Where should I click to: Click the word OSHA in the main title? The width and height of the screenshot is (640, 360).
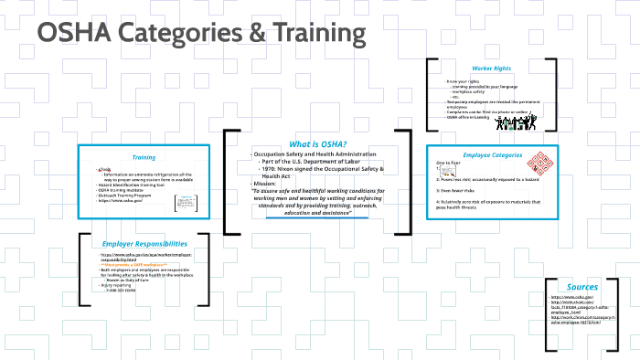(x=72, y=34)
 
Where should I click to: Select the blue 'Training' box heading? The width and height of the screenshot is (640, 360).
(x=144, y=158)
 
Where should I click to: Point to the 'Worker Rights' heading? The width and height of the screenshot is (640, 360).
(x=490, y=69)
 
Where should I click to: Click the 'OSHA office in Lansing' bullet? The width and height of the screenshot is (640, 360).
(x=476, y=117)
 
